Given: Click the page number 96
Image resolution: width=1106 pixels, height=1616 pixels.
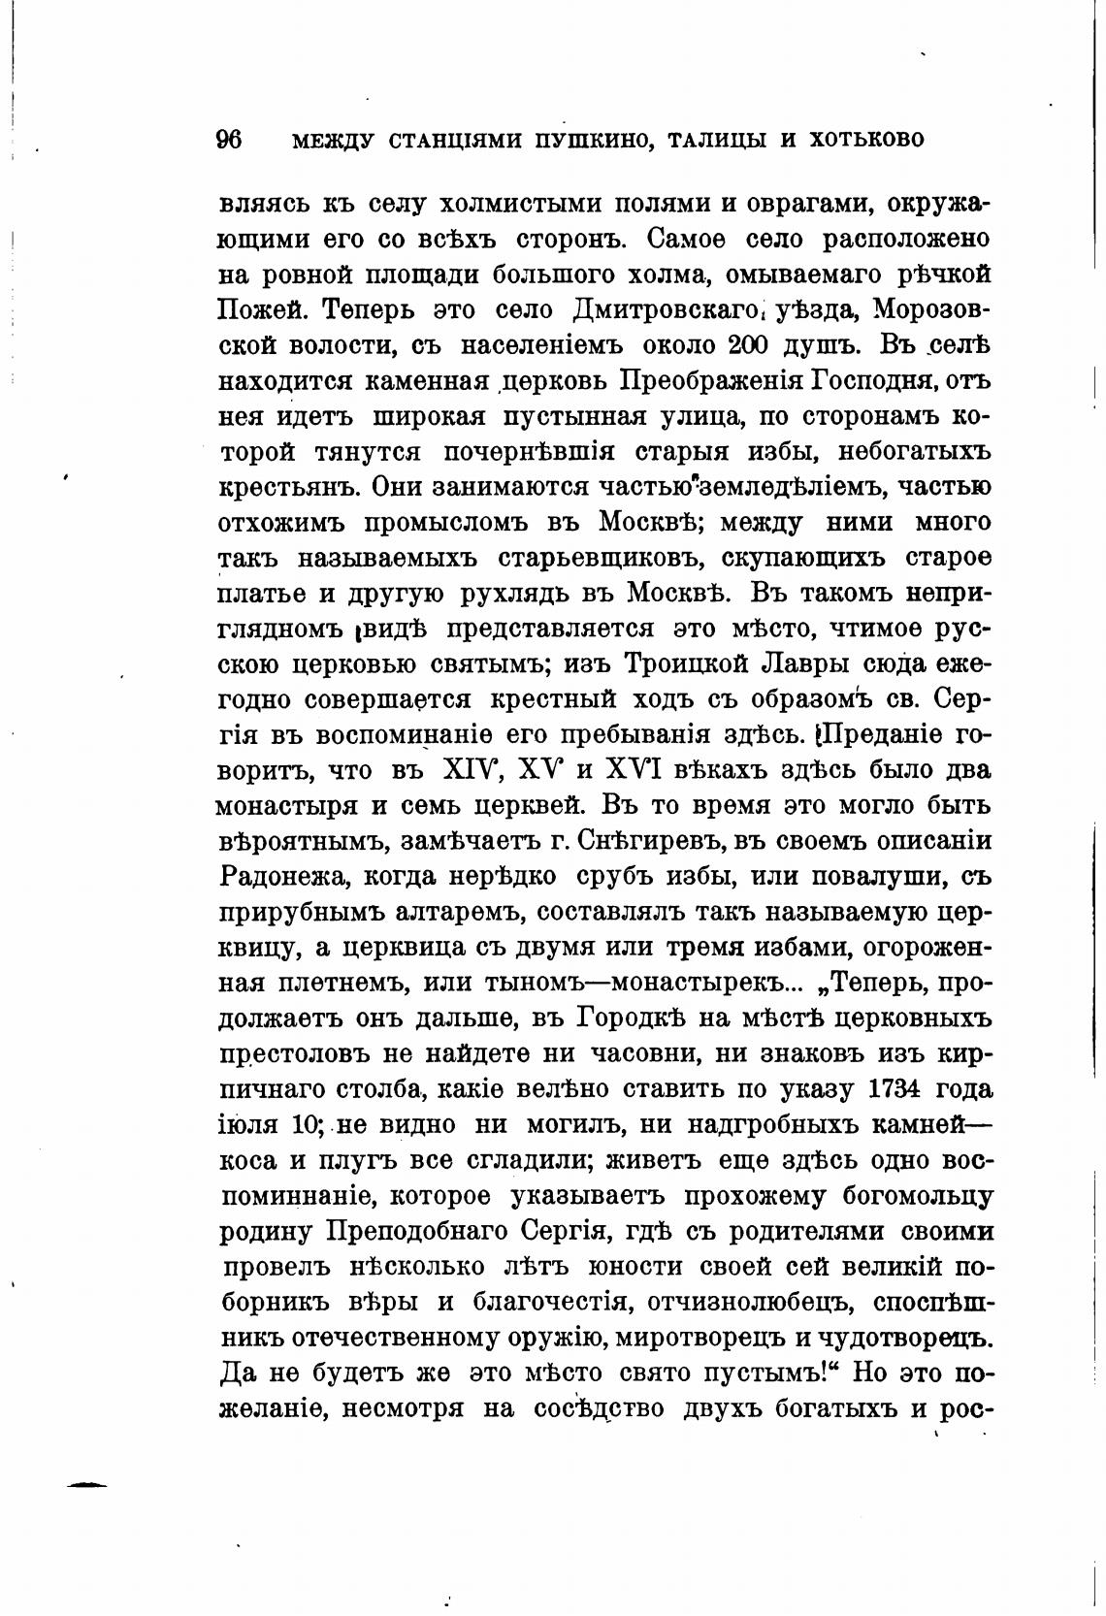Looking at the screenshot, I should tap(228, 140).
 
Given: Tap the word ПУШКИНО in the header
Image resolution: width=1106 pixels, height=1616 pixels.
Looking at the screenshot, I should tap(584, 140).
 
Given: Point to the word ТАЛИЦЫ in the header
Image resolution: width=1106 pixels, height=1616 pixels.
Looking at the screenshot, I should tap(714, 140).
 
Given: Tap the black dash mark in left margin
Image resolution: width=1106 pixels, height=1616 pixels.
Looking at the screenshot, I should tap(84, 1485).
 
